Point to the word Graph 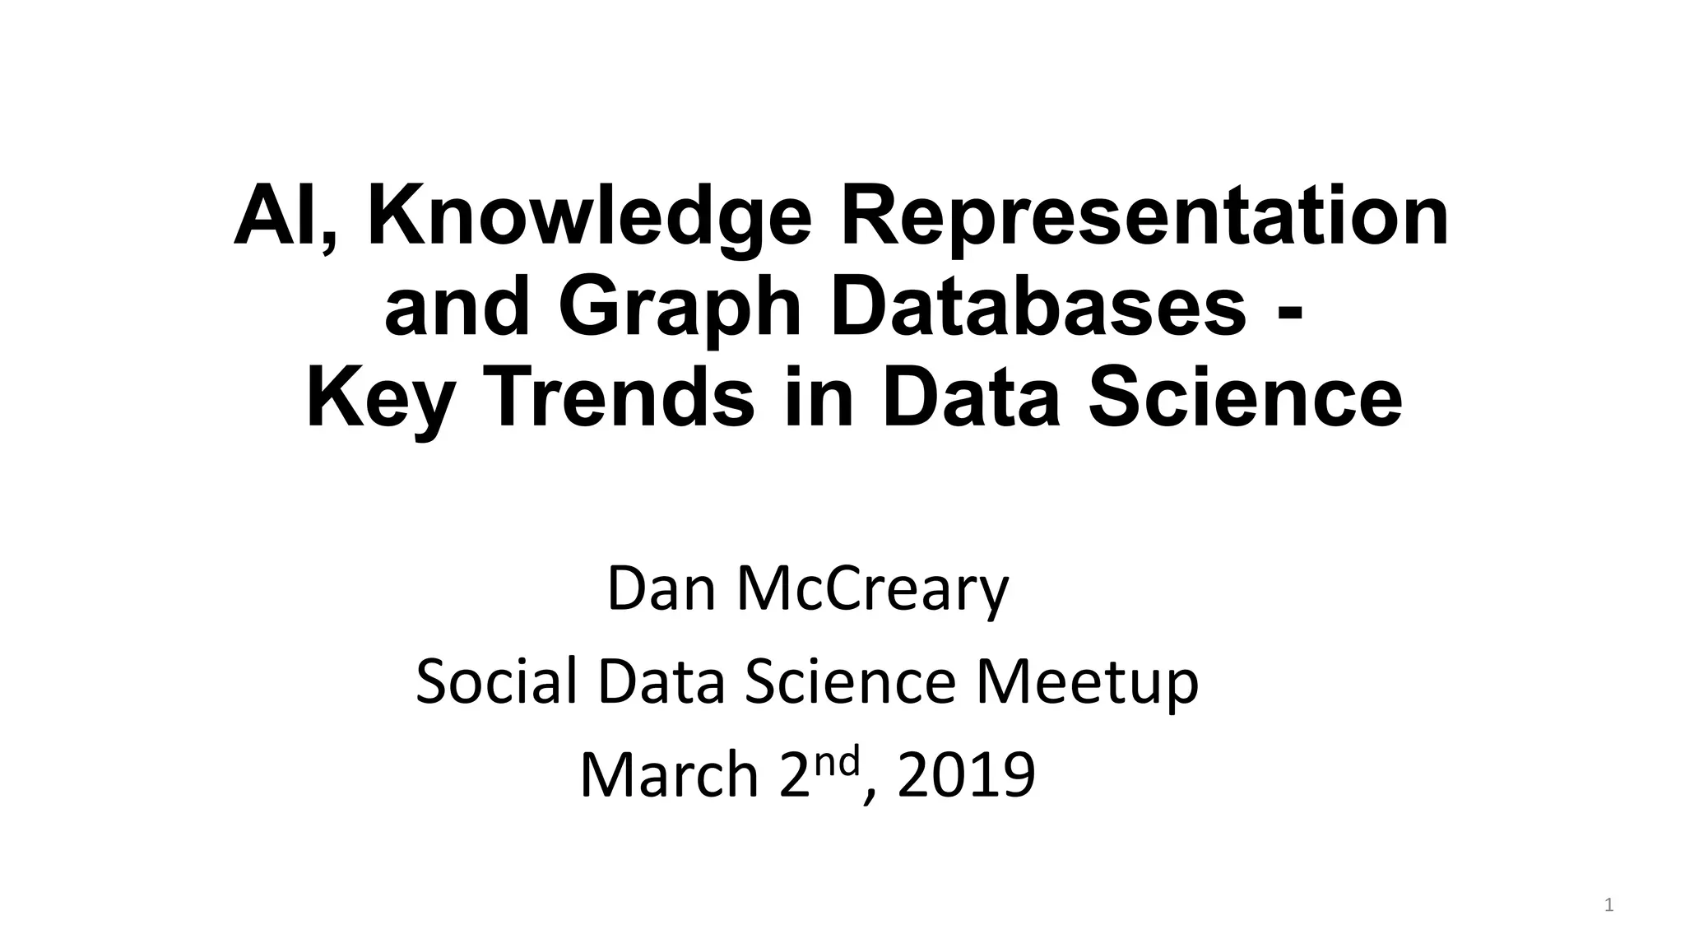(x=680, y=308)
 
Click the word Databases (x=1038, y=308)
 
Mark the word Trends (x=624, y=399)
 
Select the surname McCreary (x=873, y=589)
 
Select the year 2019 (x=966, y=775)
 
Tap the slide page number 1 (x=1608, y=906)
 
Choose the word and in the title (x=457, y=308)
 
